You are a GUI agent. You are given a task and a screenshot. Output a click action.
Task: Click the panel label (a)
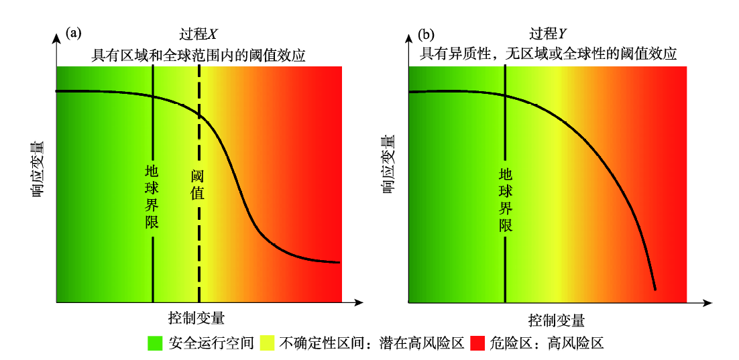[73, 32]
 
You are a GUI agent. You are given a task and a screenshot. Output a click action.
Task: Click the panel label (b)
[426, 34]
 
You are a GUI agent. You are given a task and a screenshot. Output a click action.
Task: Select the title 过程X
[199, 34]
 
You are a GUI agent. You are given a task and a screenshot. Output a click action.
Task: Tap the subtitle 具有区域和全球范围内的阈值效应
[198, 56]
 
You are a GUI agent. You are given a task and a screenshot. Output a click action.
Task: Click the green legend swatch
[156, 344]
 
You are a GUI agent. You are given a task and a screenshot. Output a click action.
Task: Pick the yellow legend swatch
[267, 344]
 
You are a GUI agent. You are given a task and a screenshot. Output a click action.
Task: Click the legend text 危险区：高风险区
[546, 344]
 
